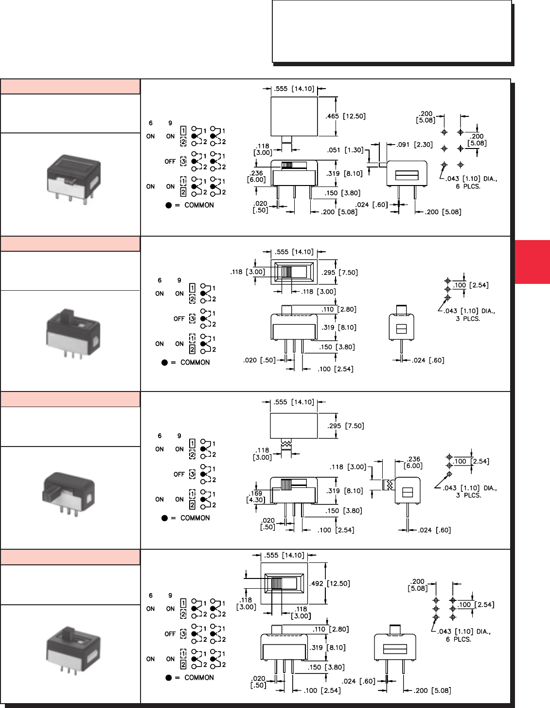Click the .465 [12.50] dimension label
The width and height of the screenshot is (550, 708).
click(x=345, y=116)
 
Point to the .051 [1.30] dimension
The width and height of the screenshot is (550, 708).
click(x=345, y=150)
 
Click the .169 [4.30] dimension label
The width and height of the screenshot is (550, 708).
click(x=256, y=497)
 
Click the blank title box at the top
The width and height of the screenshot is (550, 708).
click(x=391, y=32)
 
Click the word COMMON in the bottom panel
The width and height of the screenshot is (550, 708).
click(x=199, y=677)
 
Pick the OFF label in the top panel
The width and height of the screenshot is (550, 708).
click(x=170, y=162)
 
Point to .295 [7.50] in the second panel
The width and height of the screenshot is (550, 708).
click(x=339, y=273)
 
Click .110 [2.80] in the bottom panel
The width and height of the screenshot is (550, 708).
click(x=330, y=629)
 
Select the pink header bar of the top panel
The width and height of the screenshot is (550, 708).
click(x=71, y=87)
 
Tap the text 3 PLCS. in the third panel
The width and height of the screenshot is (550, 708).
click(x=468, y=495)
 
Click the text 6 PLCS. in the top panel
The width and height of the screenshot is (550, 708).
click(x=468, y=186)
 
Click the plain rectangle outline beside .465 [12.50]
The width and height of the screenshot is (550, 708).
click(x=294, y=116)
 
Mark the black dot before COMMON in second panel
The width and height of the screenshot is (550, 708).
click(x=164, y=362)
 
